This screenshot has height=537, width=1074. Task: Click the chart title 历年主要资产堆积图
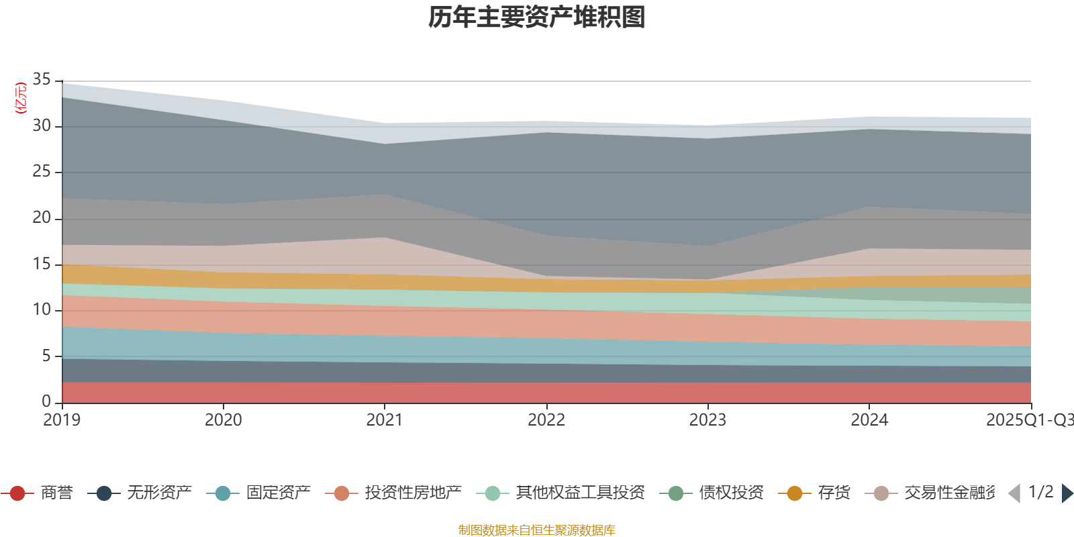(537, 17)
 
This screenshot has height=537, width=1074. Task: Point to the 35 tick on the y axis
(42, 80)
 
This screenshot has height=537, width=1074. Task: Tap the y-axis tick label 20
(42, 217)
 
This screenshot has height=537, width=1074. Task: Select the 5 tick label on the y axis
(46, 356)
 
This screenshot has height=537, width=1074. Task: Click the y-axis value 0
(46, 401)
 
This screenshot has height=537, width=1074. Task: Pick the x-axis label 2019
(62, 420)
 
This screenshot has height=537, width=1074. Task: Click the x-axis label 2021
(384, 420)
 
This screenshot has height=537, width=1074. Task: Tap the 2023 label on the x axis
(707, 420)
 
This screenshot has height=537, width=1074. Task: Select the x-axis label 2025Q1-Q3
(1028, 420)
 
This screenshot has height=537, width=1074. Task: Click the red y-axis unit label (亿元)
(21, 98)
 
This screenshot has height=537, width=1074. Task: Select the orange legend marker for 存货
(795, 494)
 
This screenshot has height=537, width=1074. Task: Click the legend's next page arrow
(1067, 493)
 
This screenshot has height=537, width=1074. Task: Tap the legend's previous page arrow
(1014, 493)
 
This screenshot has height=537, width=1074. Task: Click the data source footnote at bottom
(537, 530)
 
